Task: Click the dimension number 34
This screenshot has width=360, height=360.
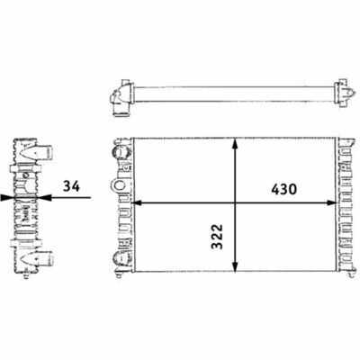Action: (71, 186)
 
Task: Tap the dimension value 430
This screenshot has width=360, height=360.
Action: (283, 189)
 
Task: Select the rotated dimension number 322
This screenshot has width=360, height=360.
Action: (218, 237)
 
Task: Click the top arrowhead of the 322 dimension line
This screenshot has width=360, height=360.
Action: (235, 144)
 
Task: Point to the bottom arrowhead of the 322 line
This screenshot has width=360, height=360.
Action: (235, 265)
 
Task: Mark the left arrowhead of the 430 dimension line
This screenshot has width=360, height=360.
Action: (138, 203)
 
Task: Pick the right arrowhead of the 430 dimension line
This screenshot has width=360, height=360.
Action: (332, 203)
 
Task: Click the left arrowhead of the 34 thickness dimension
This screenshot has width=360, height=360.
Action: (6, 197)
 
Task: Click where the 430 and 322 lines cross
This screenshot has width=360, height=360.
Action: (235, 203)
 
